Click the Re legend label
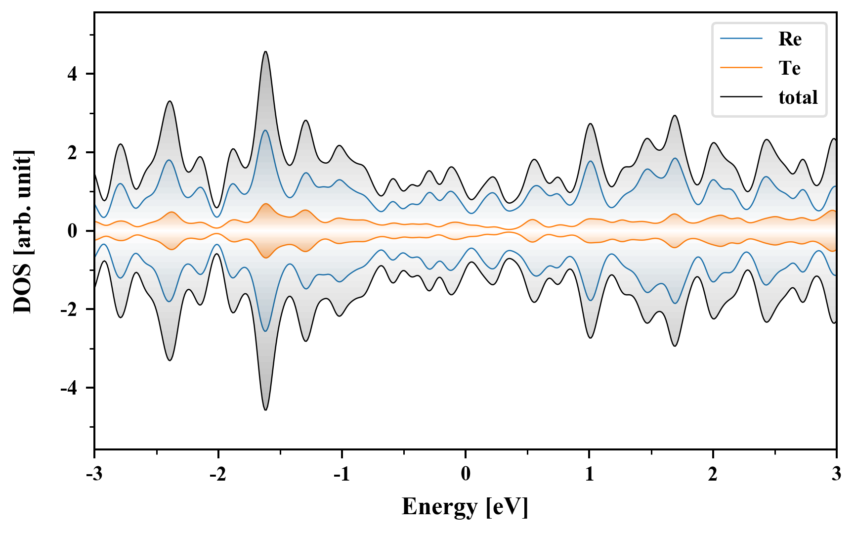pos(789,39)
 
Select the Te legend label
pos(789,68)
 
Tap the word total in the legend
pos(798,97)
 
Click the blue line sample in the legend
pos(741,39)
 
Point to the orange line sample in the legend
pos(741,68)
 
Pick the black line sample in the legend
pos(741,97)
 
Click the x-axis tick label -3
pos(94,474)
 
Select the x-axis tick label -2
pos(217,474)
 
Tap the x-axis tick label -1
pos(341,474)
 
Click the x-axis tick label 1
pos(589,474)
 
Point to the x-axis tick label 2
pos(713,474)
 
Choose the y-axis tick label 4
pos(73,74)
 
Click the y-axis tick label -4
pos(69,388)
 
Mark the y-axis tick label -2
pos(69,310)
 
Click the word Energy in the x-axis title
pos(439,507)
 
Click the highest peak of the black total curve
pos(265,52)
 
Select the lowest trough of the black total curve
pos(265,409)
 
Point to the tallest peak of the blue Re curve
pos(265,131)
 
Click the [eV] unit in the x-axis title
pos(507,507)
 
